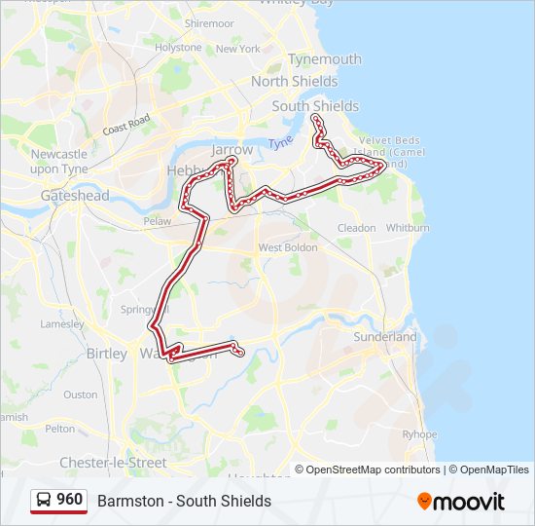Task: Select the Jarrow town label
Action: (232, 150)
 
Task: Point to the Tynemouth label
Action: (325, 59)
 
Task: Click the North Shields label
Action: (295, 82)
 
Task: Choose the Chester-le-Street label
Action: (113, 462)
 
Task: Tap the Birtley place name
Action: (107, 354)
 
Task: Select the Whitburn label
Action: (408, 228)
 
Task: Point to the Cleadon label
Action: (356, 228)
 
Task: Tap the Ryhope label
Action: (419, 434)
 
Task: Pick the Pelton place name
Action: (59, 428)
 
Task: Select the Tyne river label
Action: (280, 142)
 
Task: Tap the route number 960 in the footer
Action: (69, 500)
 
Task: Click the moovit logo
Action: (462, 502)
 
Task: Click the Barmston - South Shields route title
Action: (184, 501)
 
